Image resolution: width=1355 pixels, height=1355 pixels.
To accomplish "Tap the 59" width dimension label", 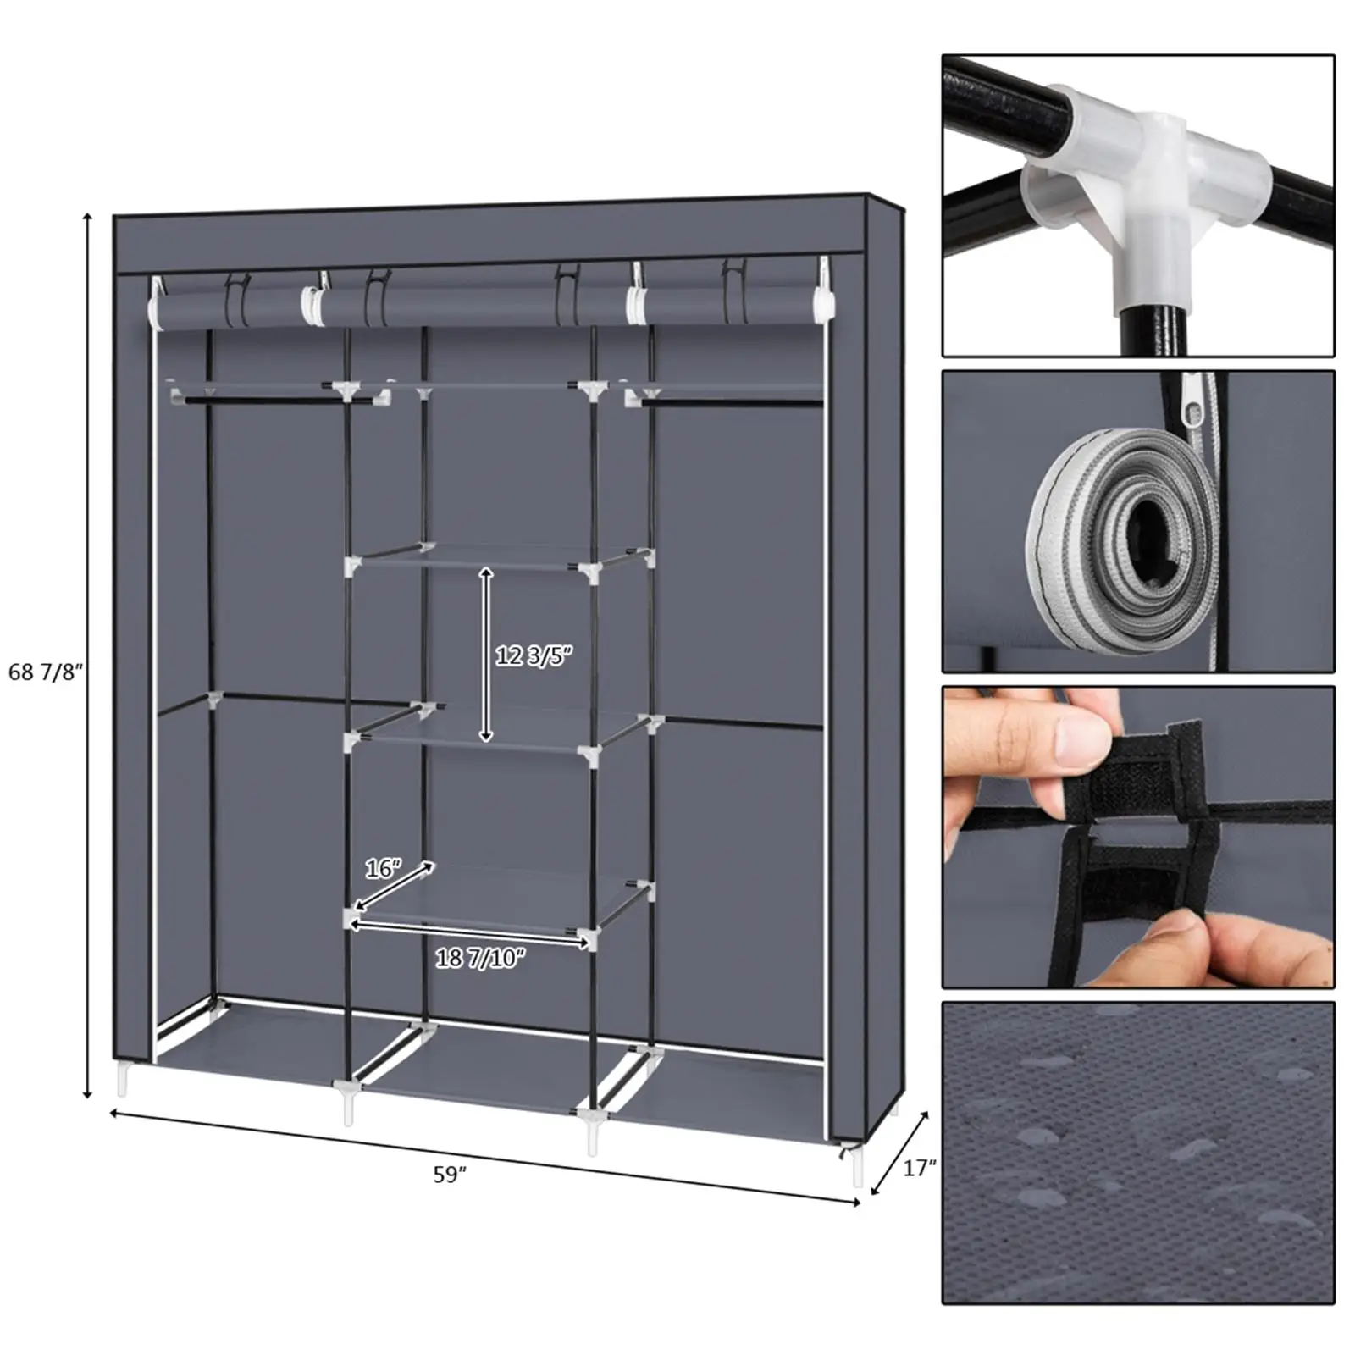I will (450, 1175).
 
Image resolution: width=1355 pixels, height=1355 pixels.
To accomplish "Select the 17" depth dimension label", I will (919, 1169).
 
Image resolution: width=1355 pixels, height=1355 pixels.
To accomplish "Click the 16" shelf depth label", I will (382, 869).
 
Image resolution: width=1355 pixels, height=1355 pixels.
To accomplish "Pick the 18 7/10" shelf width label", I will (480, 958).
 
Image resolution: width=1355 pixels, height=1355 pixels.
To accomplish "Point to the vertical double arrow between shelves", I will (485, 654).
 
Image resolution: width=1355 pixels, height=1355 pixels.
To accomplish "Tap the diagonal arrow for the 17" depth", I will (899, 1153).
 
